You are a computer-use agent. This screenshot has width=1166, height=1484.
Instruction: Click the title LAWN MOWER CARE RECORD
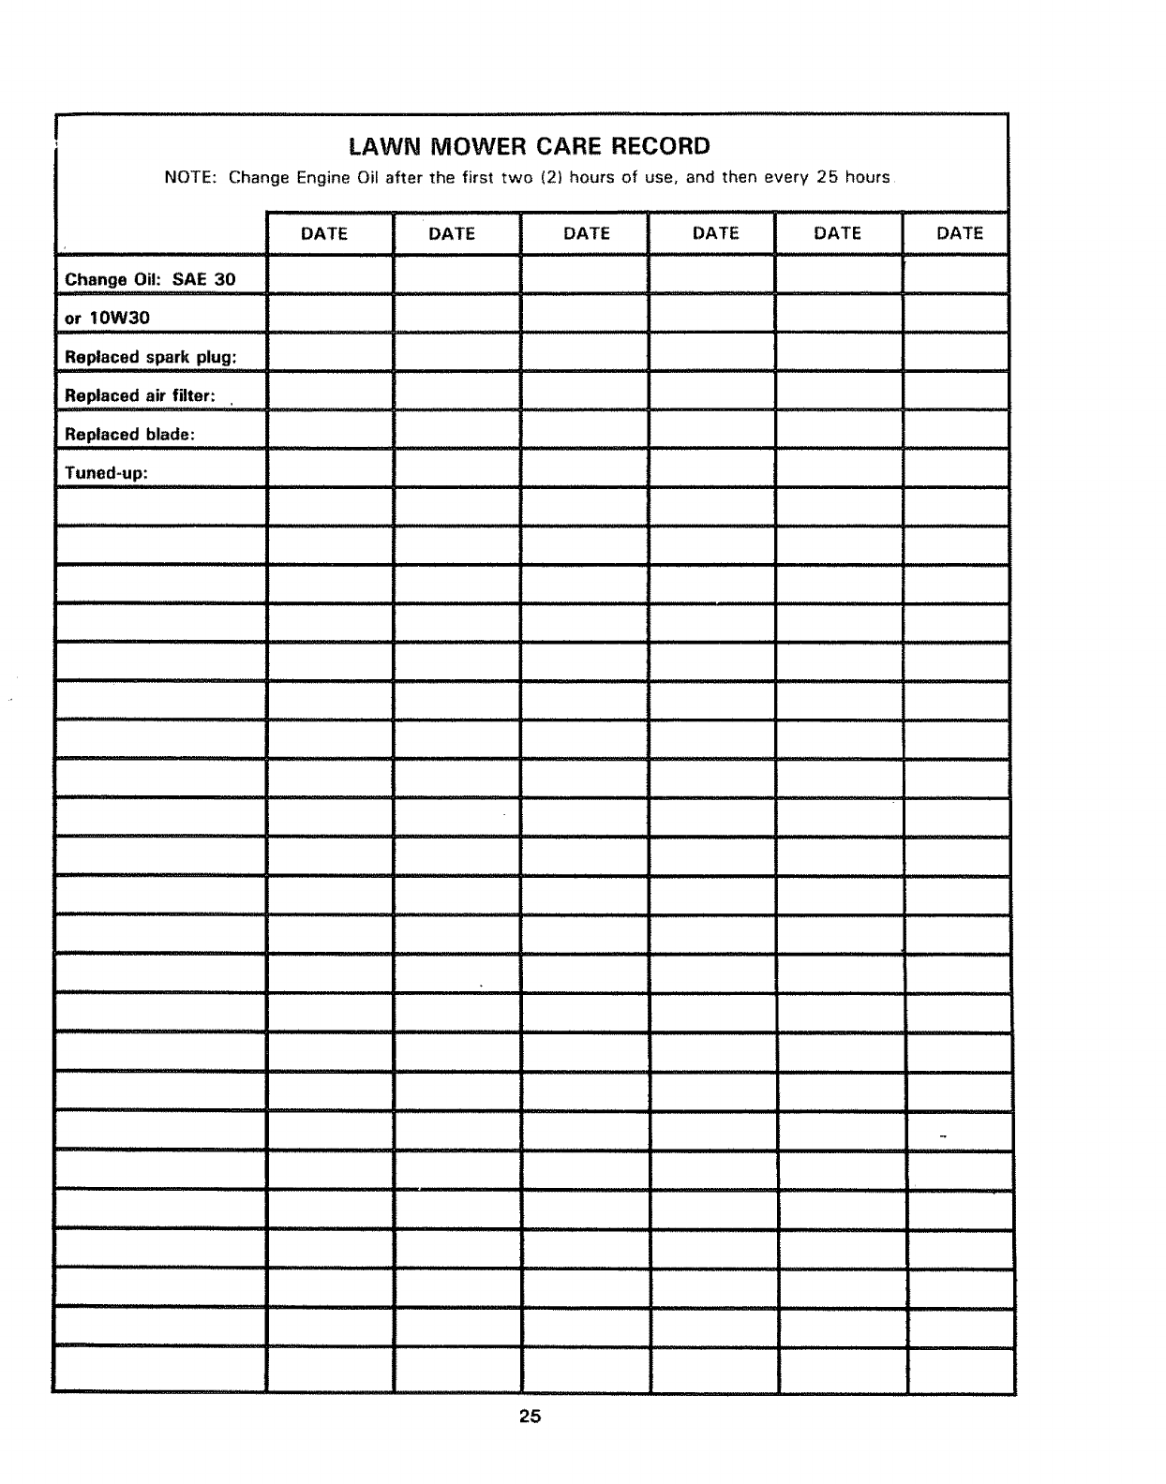(529, 146)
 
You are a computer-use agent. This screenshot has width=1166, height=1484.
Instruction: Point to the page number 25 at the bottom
(531, 1417)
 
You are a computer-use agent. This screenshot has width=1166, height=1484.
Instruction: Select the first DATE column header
(324, 233)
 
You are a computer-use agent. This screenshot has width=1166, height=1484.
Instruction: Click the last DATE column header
(960, 233)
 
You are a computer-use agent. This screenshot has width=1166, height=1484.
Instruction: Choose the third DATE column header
(587, 233)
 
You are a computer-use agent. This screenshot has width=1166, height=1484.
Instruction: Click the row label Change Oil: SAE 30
(150, 279)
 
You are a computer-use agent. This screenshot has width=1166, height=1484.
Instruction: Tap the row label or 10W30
(107, 318)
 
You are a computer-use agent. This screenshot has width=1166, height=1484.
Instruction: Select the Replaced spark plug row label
(150, 357)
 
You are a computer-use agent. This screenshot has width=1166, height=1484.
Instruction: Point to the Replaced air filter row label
(140, 395)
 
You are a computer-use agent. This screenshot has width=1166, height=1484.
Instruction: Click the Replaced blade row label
(129, 435)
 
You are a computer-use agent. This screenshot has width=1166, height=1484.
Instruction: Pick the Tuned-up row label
(106, 473)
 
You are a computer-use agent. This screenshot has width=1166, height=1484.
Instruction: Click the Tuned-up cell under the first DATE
(329, 467)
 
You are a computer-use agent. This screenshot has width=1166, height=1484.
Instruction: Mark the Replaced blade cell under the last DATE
(956, 429)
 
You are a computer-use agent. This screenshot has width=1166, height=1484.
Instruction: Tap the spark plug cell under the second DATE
(456, 351)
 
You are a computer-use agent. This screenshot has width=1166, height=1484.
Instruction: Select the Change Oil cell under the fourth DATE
(711, 275)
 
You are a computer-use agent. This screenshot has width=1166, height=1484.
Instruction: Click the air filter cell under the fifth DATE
(839, 390)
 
